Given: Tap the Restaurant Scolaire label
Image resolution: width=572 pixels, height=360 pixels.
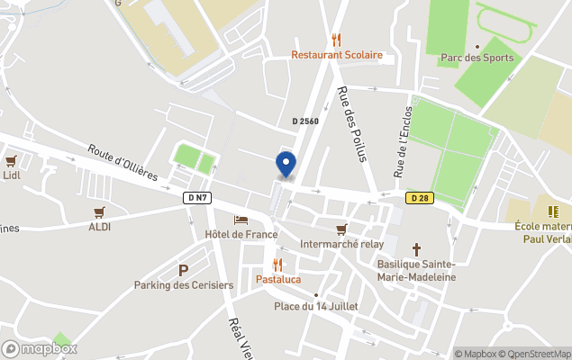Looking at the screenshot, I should click(337, 55).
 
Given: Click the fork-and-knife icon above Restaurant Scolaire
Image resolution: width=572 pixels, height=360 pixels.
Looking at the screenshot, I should click(337, 40).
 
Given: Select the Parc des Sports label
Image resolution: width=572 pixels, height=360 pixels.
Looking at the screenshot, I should click(477, 58).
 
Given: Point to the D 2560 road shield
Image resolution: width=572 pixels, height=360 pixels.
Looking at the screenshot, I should click(305, 121).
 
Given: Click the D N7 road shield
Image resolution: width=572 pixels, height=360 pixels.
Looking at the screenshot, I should click(197, 197).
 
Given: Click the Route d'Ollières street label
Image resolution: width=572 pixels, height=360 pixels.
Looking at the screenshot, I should click(123, 161).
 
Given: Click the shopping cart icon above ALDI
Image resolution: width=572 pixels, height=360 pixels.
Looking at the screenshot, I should click(100, 212).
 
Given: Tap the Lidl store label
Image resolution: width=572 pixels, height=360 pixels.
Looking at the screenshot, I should click(12, 175).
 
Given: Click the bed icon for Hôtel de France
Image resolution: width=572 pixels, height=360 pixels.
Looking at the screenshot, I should click(241, 220).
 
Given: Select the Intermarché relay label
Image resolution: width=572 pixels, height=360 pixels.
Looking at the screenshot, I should click(341, 244).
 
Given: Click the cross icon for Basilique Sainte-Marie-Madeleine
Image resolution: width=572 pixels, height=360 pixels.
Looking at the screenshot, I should click(416, 248).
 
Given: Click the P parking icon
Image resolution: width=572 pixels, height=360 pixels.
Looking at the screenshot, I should click(184, 270).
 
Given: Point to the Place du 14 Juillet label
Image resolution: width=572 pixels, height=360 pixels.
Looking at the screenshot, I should click(316, 306).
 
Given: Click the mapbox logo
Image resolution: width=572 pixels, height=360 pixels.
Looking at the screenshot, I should click(39, 348).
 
